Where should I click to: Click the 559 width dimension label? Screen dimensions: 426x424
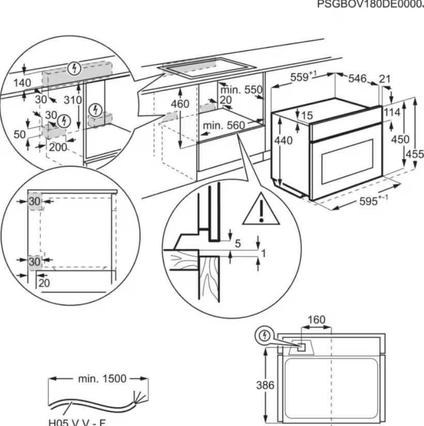coord(302,77)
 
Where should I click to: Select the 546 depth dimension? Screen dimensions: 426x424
coord(357,79)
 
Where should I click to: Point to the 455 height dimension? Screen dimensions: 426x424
coord(415,154)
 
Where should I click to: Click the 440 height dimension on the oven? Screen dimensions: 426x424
coord(283,140)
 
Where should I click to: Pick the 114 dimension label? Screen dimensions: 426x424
coord(392,113)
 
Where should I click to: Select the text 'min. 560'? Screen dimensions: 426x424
coord(223,125)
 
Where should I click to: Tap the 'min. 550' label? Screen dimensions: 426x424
coord(240,89)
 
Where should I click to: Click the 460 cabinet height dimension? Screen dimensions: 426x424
coord(180,104)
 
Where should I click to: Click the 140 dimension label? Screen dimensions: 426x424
coord(22,83)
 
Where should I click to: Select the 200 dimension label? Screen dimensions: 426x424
coord(58,146)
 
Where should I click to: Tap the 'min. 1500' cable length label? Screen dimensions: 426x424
coord(101,378)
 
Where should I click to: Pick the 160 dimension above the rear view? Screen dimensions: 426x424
coord(316,320)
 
